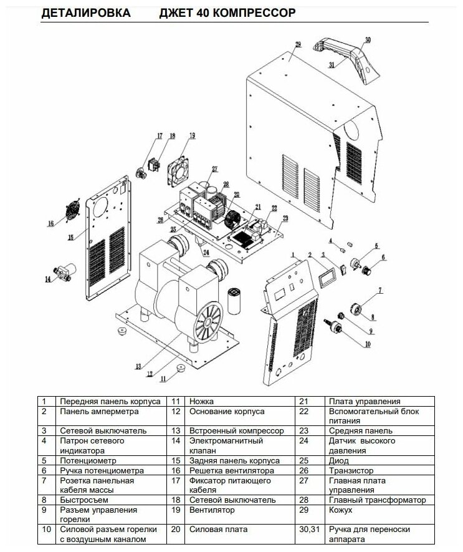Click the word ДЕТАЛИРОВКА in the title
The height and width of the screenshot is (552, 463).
[x=86, y=13]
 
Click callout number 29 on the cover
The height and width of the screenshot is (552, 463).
[x=298, y=44]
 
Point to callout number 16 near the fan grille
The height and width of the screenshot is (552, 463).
[x=50, y=223]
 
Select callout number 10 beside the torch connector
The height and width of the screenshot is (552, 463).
[x=368, y=344]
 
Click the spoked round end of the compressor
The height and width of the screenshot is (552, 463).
[x=205, y=325]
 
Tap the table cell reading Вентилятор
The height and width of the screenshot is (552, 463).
[x=211, y=510]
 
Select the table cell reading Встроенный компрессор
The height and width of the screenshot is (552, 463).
[x=236, y=430]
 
